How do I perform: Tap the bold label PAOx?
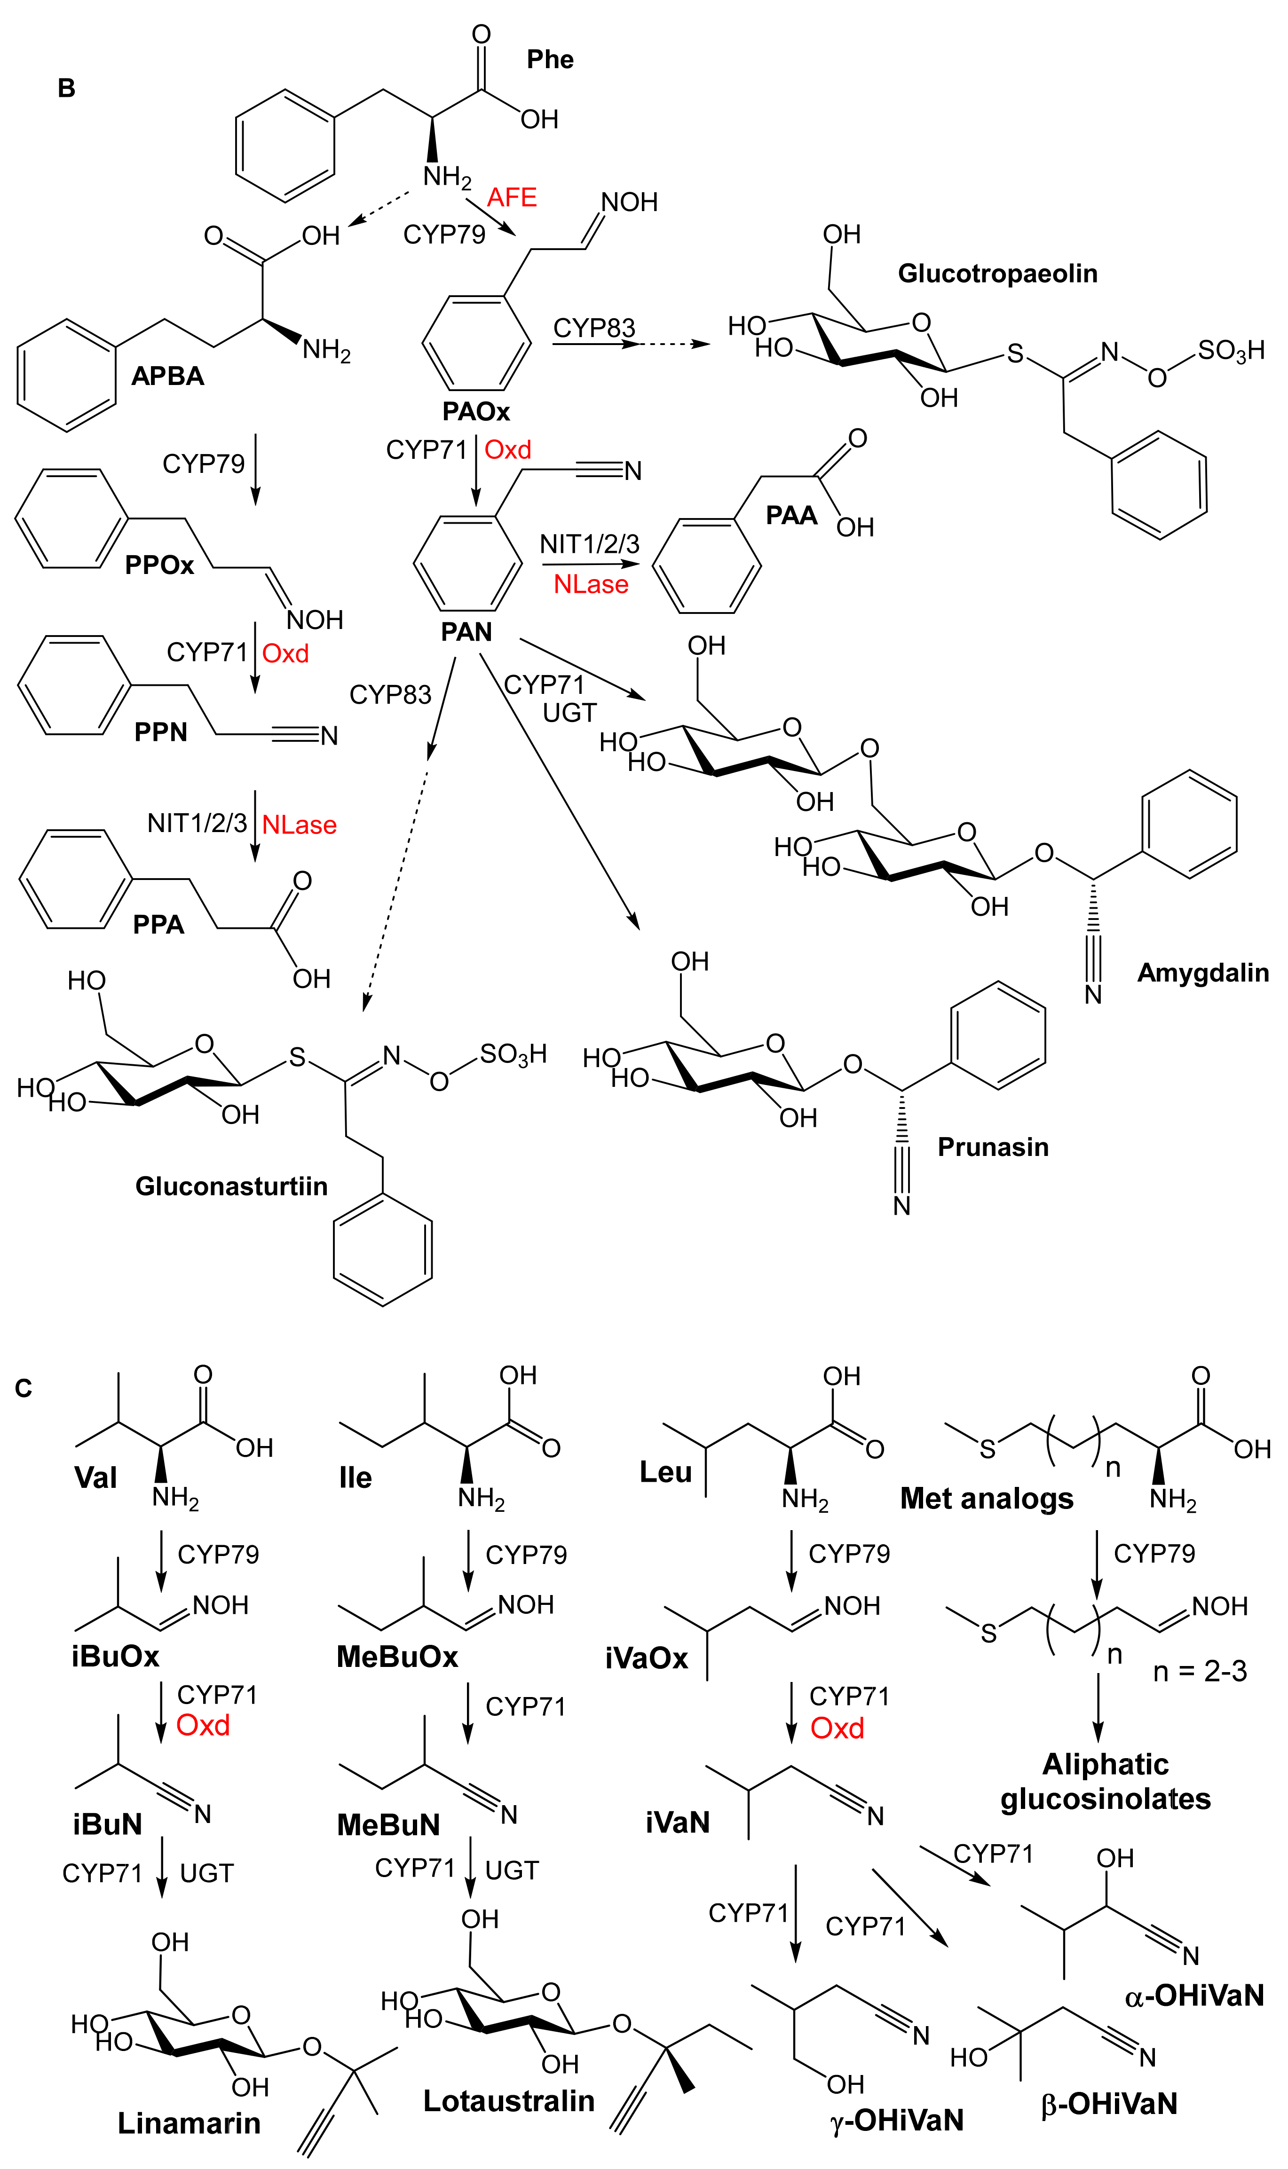475,411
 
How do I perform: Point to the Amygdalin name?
1202,973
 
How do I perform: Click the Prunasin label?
993,1147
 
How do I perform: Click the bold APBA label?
167,376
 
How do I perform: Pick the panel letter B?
66,88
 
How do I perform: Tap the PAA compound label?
790,515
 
